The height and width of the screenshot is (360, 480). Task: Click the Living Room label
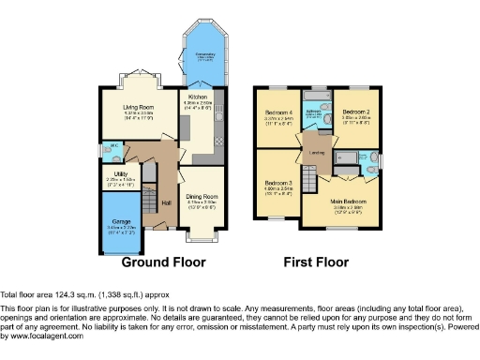pos(138,108)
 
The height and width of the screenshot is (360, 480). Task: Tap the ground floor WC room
pos(112,150)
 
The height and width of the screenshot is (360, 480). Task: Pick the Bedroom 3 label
pos(278,182)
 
